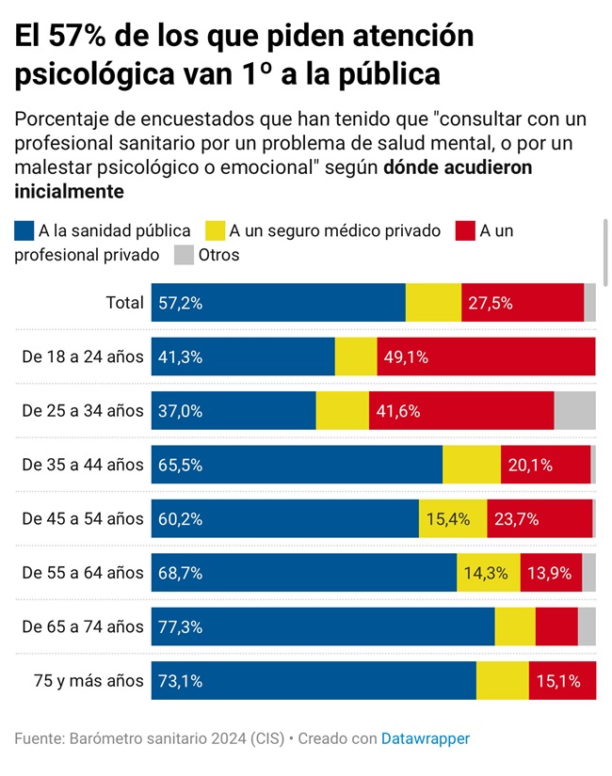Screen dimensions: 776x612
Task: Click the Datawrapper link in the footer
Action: click(x=425, y=738)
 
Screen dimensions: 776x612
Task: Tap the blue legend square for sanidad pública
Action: click(x=24, y=230)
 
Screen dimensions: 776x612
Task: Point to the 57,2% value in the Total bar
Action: click(x=180, y=303)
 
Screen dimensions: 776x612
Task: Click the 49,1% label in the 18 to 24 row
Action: click(x=406, y=357)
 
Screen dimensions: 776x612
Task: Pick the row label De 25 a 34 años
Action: click(x=83, y=411)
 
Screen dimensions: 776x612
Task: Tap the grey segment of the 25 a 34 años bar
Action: click(x=574, y=411)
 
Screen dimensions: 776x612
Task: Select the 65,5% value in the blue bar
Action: click(x=180, y=465)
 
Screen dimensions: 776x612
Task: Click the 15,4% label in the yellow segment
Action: click(x=448, y=518)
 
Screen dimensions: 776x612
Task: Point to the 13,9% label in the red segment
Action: click(x=549, y=573)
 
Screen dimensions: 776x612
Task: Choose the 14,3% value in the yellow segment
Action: click(x=487, y=573)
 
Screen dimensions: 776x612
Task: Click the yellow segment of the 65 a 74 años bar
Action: click(x=515, y=626)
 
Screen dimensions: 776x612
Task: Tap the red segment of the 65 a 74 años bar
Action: click(x=556, y=626)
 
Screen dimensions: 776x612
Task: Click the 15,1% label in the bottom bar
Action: click(x=560, y=681)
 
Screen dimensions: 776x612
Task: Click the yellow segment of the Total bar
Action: click(x=433, y=303)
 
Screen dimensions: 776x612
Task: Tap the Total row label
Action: click(x=124, y=303)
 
